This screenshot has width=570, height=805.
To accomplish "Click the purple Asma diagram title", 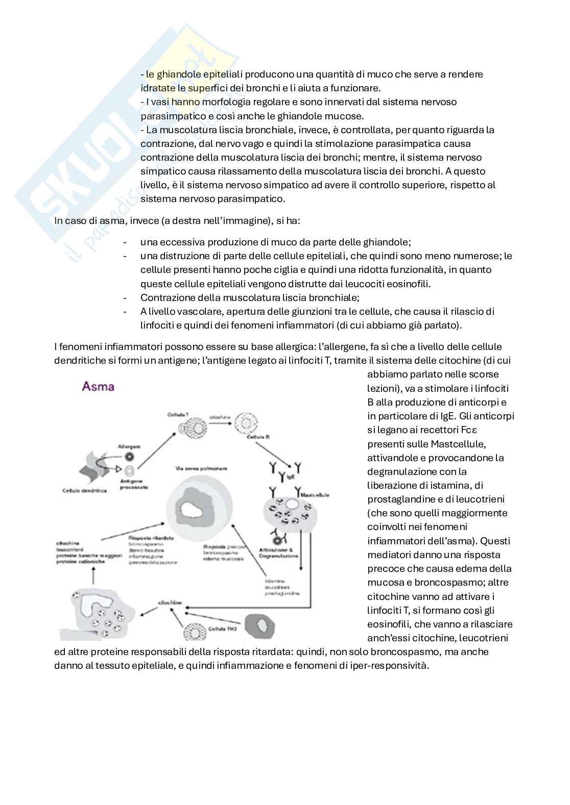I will [98, 386].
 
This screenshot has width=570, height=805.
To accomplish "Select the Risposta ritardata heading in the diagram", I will [145, 538].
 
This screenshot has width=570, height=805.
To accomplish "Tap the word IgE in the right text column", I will [443, 416].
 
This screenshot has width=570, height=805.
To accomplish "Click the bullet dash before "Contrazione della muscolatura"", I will [125, 297].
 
